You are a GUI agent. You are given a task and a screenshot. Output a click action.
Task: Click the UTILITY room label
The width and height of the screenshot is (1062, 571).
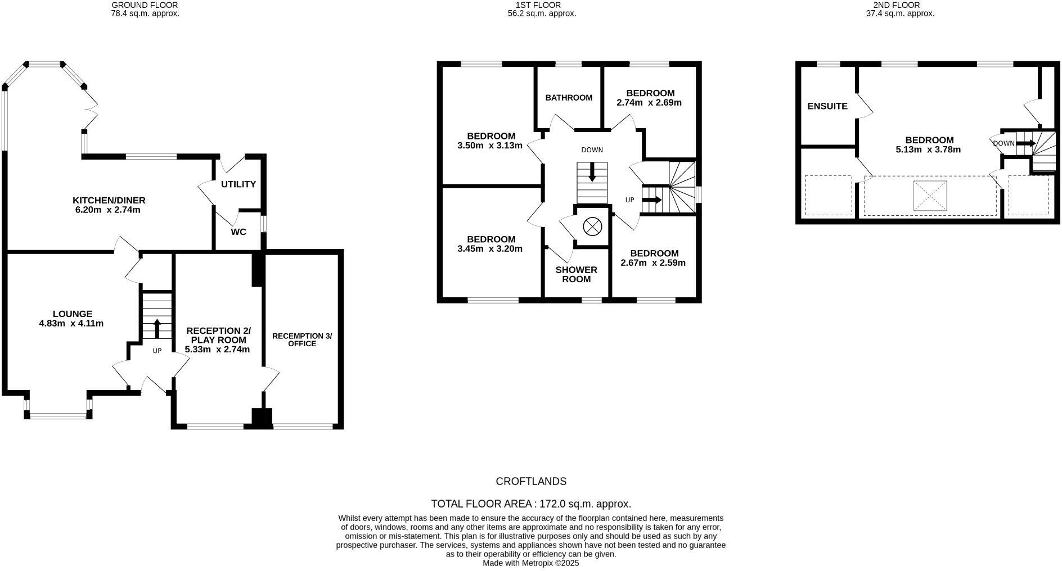238,184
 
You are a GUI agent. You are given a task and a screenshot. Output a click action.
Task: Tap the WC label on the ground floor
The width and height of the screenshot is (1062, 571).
238,232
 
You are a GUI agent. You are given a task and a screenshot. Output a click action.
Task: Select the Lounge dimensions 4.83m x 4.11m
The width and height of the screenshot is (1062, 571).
71,324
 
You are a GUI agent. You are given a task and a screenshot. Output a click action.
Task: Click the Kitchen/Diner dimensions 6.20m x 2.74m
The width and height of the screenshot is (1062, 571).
109,210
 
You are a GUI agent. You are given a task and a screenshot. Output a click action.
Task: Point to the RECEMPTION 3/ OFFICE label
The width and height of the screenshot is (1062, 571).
302,339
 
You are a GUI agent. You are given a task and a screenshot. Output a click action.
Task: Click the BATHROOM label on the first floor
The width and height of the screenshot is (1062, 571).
569,98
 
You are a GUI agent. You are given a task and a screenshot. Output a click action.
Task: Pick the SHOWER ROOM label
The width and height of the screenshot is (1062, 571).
576,274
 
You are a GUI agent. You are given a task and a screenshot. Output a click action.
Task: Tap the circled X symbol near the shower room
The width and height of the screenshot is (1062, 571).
592,227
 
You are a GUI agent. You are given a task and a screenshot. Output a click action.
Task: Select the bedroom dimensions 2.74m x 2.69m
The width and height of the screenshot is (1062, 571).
649,103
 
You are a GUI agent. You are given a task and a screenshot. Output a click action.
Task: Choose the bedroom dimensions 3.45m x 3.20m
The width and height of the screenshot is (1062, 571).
490,249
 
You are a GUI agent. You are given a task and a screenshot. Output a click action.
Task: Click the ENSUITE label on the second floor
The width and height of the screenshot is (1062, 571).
827,106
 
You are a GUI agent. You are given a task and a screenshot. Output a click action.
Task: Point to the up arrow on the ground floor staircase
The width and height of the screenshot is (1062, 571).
157,328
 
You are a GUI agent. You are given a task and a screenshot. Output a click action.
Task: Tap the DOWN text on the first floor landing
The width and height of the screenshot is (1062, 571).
592,150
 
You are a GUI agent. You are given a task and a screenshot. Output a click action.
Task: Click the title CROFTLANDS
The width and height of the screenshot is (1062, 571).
530,482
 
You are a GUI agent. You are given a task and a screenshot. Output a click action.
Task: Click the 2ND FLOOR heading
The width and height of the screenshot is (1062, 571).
900,5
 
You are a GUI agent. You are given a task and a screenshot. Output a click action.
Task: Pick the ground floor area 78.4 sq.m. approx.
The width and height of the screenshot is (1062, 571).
145,13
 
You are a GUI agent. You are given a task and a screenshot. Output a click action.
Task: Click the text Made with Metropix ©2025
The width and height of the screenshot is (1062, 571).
530,563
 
